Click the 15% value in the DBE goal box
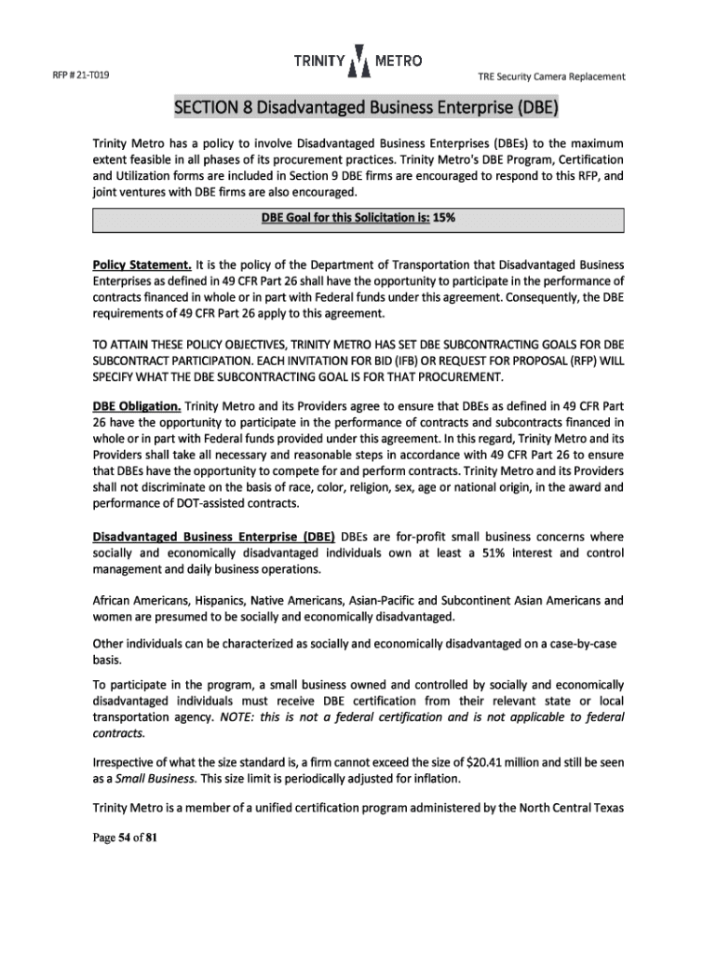click(x=445, y=220)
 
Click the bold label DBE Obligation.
click(x=136, y=406)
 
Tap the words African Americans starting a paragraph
click(x=143, y=601)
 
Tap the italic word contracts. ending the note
click(x=116, y=733)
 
